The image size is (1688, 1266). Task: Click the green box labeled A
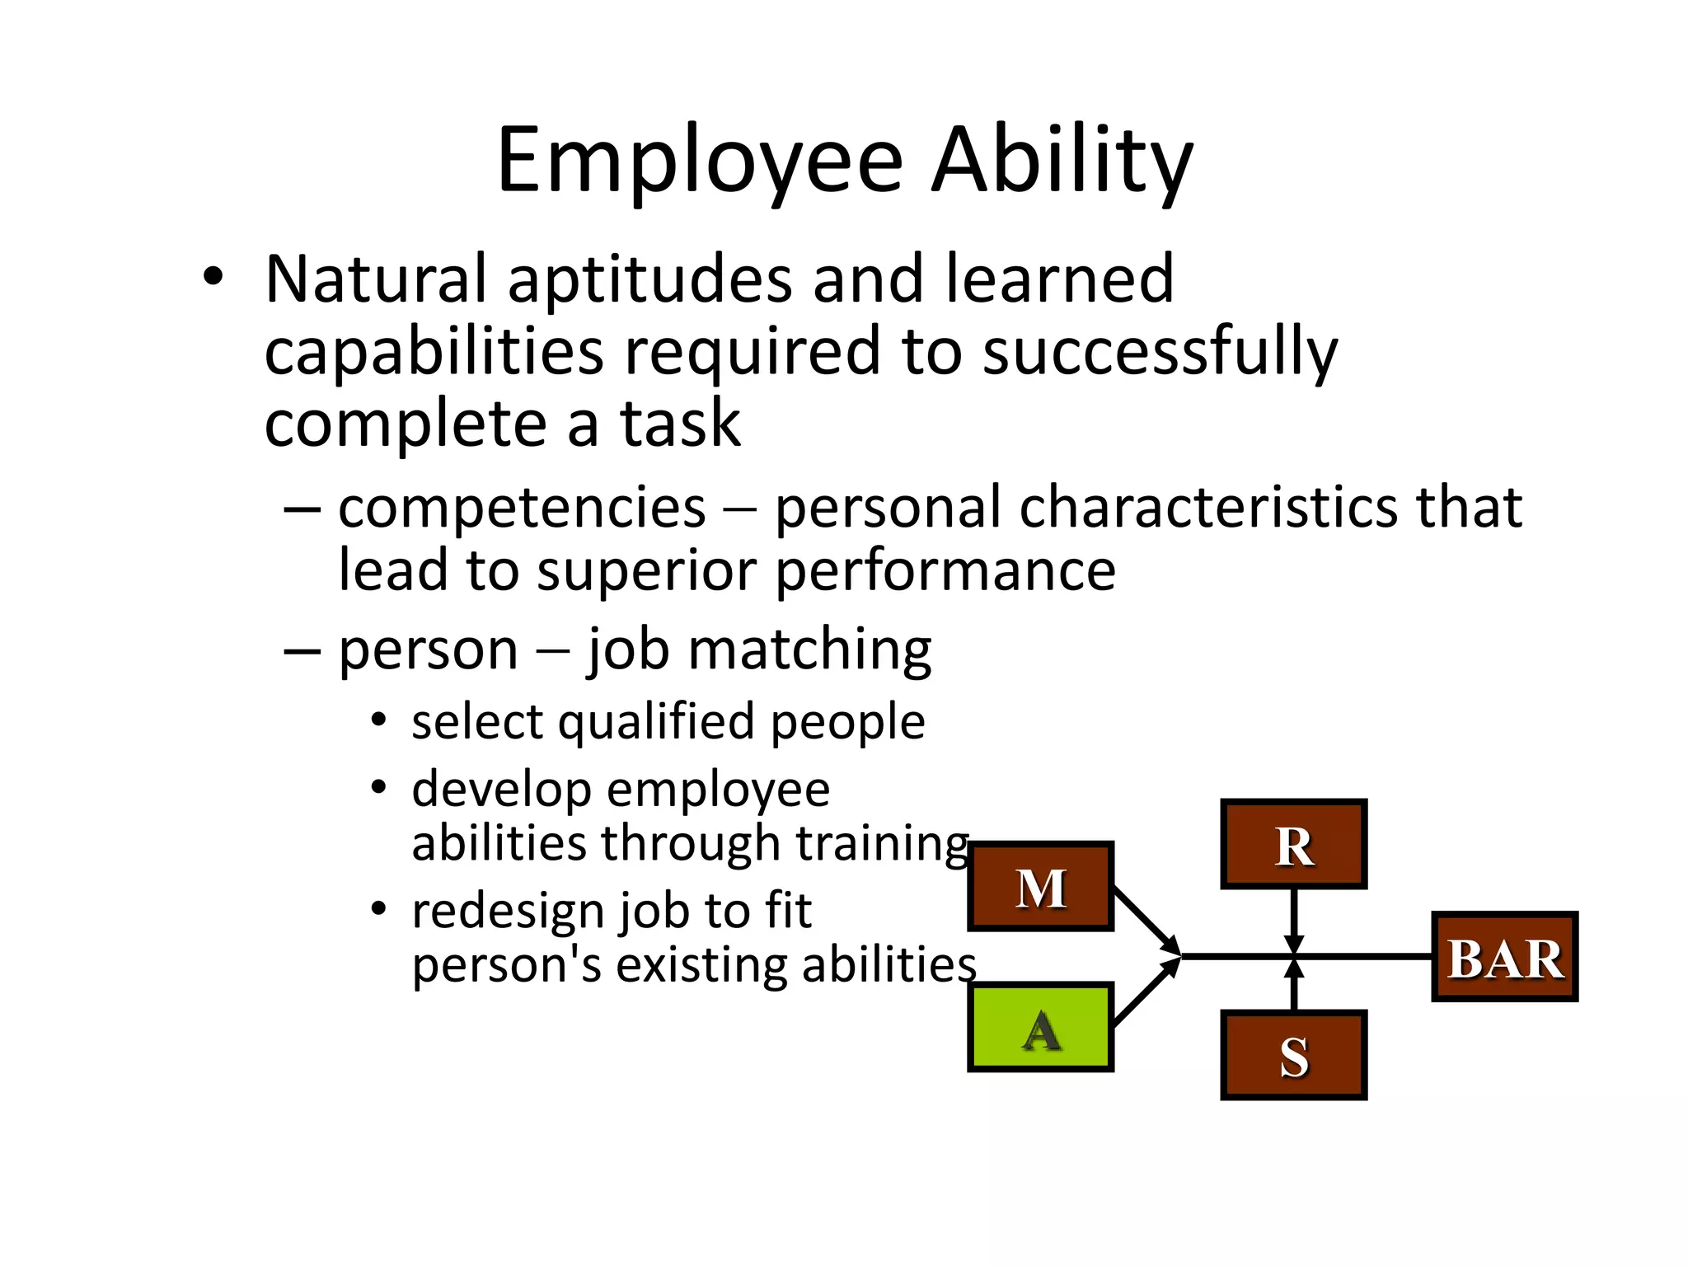[1040, 1027]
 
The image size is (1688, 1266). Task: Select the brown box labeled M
[1040, 887]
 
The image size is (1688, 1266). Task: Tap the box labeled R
[1293, 844]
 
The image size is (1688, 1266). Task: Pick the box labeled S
[1293, 1055]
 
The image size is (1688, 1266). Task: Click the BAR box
[1504, 957]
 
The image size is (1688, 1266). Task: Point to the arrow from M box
[1146, 920]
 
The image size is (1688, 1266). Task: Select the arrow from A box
[1146, 994]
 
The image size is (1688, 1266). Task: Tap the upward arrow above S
[1294, 984]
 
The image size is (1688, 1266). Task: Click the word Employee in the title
[700, 162]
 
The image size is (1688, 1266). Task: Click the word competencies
[522, 508]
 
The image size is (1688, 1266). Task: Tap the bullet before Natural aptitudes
[213, 278]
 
